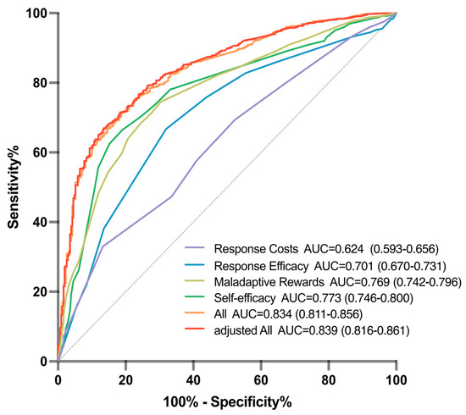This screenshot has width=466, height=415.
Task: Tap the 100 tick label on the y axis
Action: (x=36, y=14)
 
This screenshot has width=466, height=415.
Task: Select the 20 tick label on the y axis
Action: (x=39, y=292)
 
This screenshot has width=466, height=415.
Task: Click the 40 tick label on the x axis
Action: (x=193, y=377)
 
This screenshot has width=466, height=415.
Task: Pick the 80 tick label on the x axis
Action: (x=329, y=377)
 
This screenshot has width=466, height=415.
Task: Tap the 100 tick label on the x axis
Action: (x=396, y=377)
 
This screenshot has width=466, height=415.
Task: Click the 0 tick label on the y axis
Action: (x=42, y=362)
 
